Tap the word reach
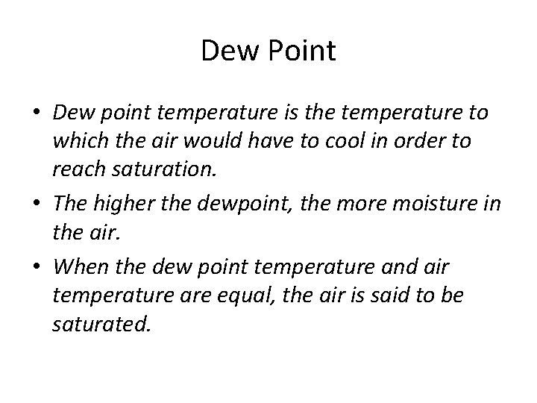click(x=77, y=171)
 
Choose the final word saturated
click(x=101, y=325)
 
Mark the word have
click(x=277, y=142)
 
